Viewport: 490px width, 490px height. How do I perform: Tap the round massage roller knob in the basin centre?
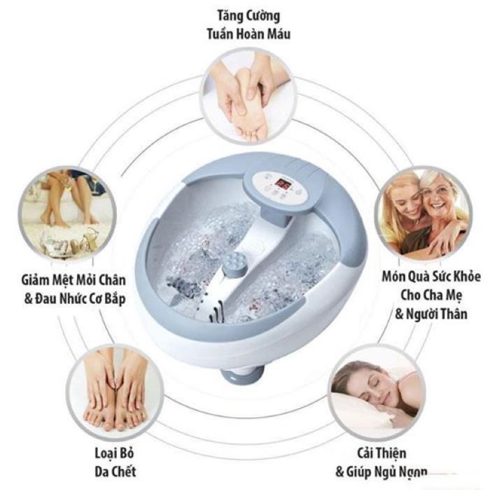[234, 265]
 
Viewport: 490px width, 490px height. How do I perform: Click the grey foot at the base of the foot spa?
[242, 374]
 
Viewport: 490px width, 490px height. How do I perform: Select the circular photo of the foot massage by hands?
[248, 96]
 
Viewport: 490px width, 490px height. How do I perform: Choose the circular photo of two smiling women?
[424, 213]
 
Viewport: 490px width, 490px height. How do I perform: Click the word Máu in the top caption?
[277, 34]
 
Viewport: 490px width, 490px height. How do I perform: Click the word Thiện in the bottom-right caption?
[391, 453]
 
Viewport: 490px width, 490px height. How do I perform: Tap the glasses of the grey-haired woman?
[437, 191]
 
